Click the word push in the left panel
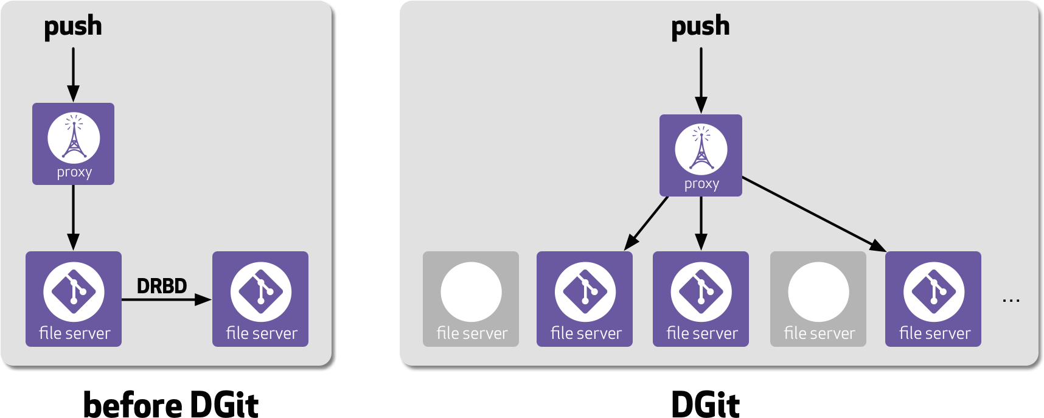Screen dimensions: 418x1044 coord(73,27)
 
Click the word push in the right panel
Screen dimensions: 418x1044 coord(700,27)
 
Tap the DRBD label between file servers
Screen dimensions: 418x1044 coord(161,286)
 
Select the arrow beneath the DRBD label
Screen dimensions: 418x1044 coord(165,299)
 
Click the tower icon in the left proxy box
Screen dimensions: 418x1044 coord(74,138)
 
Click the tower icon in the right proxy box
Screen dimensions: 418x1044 coord(701,150)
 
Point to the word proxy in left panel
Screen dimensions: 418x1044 coord(74,172)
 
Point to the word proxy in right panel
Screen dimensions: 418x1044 coord(701,184)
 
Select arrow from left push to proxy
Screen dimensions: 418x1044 coord(73,73)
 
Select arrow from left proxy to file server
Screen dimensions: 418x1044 coord(73,216)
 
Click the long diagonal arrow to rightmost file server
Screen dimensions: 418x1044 coord(812,214)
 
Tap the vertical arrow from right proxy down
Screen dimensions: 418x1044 coord(701,222)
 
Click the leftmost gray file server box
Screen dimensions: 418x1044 coord(471,299)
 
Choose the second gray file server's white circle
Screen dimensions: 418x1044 coord(818,291)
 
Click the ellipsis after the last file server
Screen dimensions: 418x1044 coord(1011,300)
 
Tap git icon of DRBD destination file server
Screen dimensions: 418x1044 coord(260,291)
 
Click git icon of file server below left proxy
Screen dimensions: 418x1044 coord(74,291)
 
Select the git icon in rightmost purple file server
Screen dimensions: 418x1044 coord(933,291)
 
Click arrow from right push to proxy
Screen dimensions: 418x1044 coord(701,79)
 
